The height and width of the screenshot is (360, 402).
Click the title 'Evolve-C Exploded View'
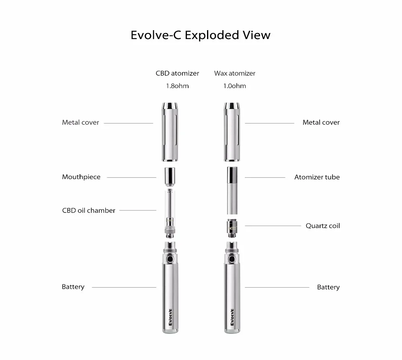pyautogui.click(x=201, y=35)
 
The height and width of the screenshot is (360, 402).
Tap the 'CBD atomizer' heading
pyautogui.click(x=177, y=73)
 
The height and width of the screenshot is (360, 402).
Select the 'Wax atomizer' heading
pyautogui.click(x=235, y=73)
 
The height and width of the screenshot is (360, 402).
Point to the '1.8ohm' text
pyautogui.click(x=177, y=86)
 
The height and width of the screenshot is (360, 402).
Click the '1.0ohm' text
pyautogui.click(x=235, y=86)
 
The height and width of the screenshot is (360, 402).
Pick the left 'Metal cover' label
pyautogui.click(x=80, y=122)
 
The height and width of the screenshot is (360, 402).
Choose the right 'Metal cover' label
pyautogui.click(x=321, y=122)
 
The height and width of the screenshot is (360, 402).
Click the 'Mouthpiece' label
pyautogui.click(x=81, y=177)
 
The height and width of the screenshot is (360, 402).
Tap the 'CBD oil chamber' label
pyautogui.click(x=89, y=210)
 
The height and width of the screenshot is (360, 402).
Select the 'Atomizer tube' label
pyautogui.click(x=317, y=177)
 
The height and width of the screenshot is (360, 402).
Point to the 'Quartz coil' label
pyautogui.click(x=323, y=226)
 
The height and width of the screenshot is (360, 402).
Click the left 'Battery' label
pyautogui.click(x=73, y=287)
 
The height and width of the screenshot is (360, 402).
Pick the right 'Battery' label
pyautogui.click(x=328, y=287)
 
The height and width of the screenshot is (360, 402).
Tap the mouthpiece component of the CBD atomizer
pyautogui.click(x=170, y=177)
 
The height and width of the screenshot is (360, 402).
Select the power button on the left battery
pyautogui.click(x=170, y=259)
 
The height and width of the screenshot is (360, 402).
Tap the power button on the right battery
pyautogui.click(x=232, y=259)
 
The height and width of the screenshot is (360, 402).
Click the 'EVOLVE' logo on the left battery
pyautogui.click(x=170, y=317)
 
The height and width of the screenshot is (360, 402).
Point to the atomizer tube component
pyautogui.click(x=232, y=190)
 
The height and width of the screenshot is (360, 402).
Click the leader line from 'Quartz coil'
pyautogui.click(x=273, y=226)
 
